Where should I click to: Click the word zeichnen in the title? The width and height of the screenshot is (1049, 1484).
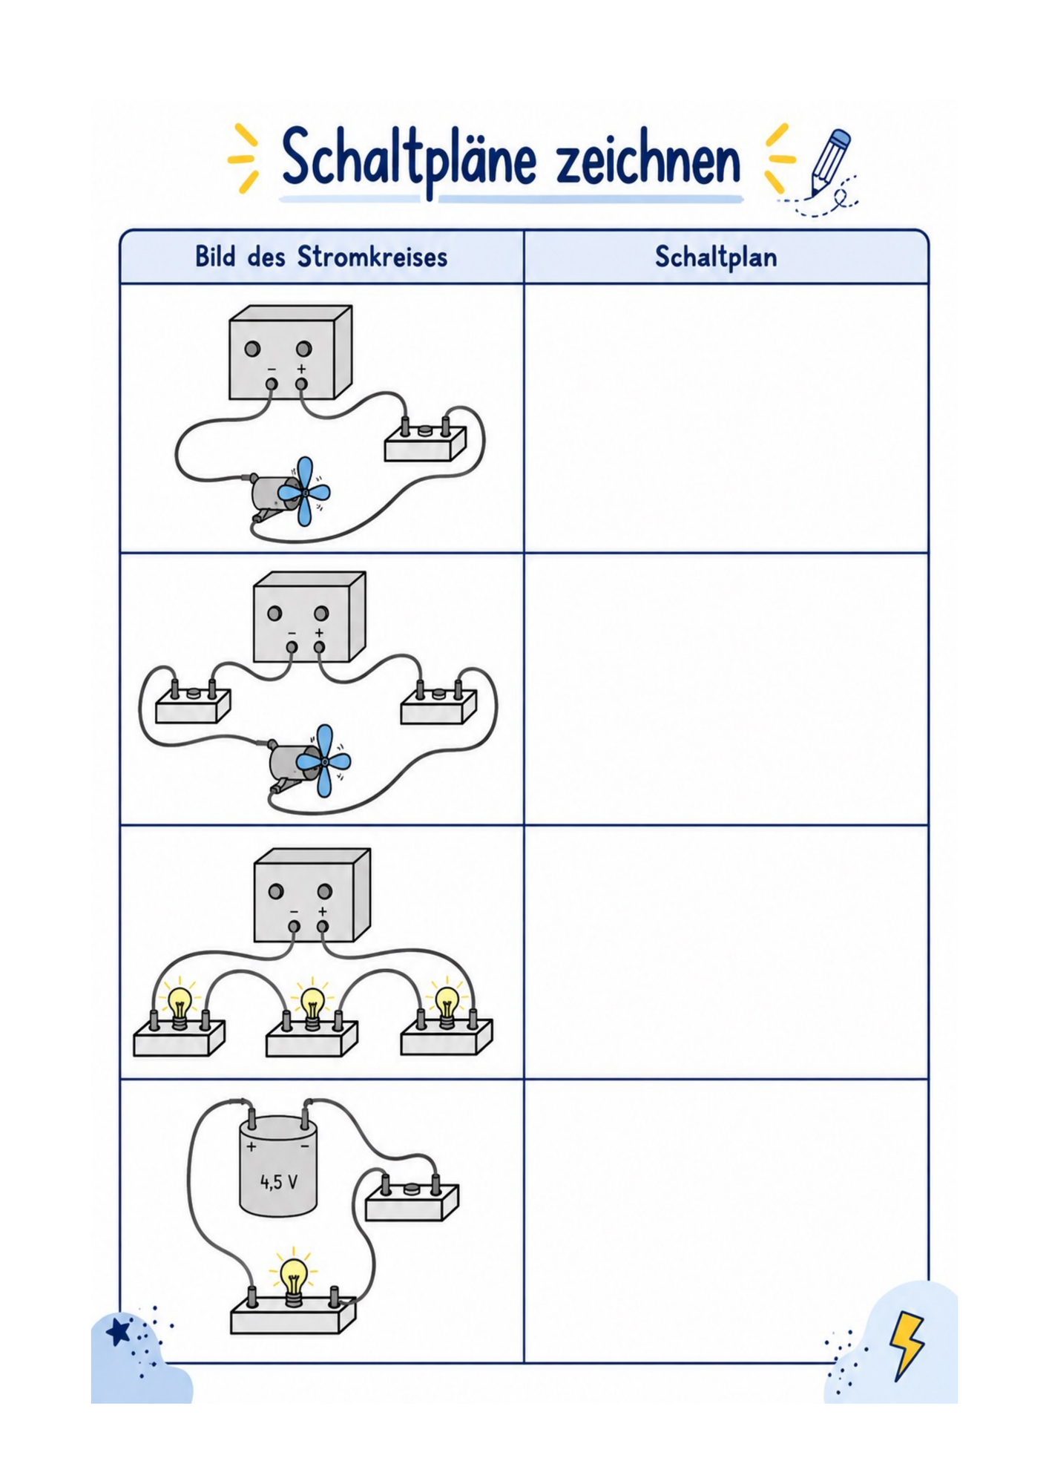tap(648, 160)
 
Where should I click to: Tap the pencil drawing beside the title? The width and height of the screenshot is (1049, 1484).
tap(829, 162)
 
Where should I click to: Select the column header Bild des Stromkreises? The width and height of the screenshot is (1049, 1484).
tap(321, 257)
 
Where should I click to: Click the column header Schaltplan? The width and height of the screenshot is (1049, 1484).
tap(716, 257)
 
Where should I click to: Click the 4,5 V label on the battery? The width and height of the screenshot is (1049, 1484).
tap(279, 1181)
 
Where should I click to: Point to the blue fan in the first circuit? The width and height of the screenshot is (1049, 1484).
tap(303, 491)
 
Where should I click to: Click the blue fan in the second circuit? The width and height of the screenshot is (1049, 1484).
tap(324, 761)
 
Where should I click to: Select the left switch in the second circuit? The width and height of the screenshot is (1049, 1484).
tap(193, 701)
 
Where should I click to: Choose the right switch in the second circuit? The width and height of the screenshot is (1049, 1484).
tap(438, 702)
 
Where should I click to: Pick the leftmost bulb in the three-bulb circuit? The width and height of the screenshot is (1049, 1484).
tap(180, 1005)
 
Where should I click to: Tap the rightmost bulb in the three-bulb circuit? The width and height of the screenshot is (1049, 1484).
tap(447, 1005)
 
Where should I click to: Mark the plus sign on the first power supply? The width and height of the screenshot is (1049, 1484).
tap(301, 369)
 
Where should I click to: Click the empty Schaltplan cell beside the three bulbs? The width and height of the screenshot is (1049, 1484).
tap(726, 952)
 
